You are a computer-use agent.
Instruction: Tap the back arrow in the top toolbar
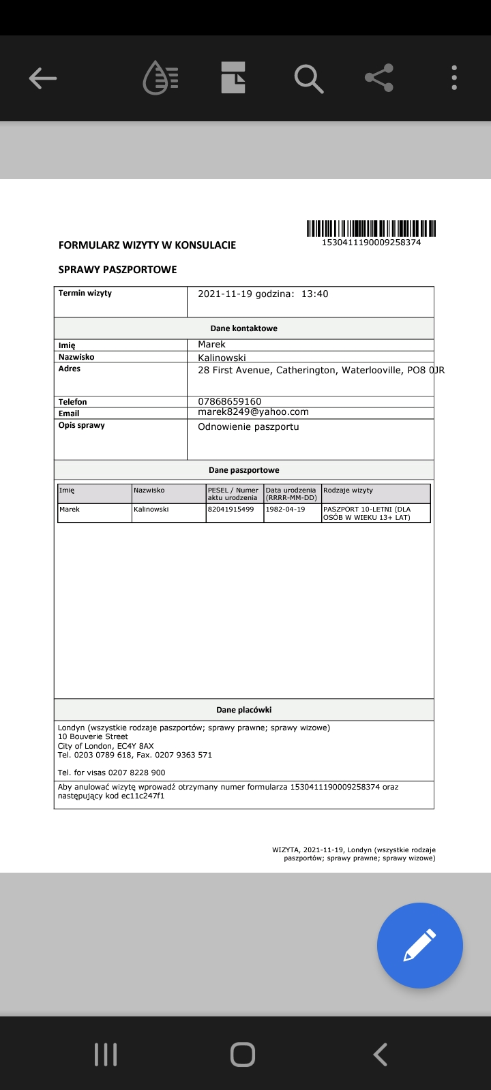(42, 78)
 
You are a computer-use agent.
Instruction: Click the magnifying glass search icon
(308, 78)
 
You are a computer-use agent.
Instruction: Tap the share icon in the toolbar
(379, 78)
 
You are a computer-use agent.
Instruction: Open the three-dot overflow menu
(454, 78)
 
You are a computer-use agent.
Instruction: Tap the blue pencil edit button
(419, 945)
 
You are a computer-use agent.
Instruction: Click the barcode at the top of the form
(371, 228)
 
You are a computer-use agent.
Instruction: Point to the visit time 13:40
(315, 294)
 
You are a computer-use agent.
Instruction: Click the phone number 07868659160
(230, 401)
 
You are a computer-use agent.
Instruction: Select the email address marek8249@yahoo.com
(253, 412)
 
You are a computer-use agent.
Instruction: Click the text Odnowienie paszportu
(248, 427)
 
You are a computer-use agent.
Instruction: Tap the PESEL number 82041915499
(230, 510)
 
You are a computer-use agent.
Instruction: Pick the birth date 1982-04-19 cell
(286, 510)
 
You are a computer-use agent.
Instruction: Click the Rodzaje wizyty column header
(348, 490)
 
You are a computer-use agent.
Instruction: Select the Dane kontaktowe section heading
(243, 328)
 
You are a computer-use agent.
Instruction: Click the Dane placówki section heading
(243, 710)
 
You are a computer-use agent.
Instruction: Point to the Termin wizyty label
(85, 294)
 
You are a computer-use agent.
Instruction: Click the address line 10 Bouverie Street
(93, 736)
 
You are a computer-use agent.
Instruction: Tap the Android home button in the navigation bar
(243, 1054)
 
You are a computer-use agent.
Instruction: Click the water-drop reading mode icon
(160, 78)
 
